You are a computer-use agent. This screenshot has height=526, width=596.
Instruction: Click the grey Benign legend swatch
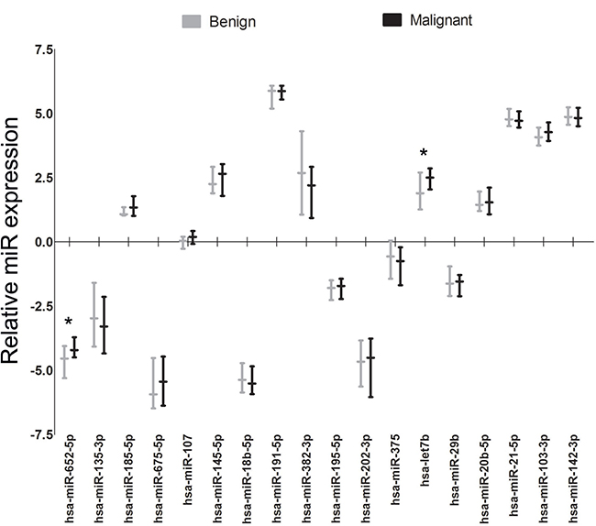pos(192,21)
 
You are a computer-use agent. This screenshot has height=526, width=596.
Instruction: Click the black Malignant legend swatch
pos(392,20)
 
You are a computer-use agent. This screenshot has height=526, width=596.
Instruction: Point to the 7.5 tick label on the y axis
pos(43,49)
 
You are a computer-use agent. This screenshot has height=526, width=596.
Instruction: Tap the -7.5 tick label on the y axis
pos(42,434)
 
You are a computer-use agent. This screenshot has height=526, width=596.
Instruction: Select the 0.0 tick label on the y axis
pos(43,242)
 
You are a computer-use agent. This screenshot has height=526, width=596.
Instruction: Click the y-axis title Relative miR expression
pos(10,240)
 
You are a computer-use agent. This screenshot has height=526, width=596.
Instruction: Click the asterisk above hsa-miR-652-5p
pos(69,323)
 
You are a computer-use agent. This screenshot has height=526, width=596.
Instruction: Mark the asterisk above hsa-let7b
pos(424,153)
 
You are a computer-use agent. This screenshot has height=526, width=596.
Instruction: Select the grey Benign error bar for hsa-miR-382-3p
pos(302,173)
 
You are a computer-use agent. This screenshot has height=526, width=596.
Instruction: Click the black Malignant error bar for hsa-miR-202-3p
pos(370,367)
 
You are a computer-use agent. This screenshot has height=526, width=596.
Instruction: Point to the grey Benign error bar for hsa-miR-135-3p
pos(94,315)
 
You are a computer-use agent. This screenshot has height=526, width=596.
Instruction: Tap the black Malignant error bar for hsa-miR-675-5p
pos(163,381)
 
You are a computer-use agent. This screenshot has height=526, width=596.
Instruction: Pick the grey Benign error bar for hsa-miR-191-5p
pos(271,97)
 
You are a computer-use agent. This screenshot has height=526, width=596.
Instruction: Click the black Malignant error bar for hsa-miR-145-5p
pos(223,180)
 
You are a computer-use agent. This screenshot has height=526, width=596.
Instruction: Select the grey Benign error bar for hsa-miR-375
pos(391,259)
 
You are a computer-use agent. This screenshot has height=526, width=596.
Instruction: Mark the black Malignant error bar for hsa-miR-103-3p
pos(548,132)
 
